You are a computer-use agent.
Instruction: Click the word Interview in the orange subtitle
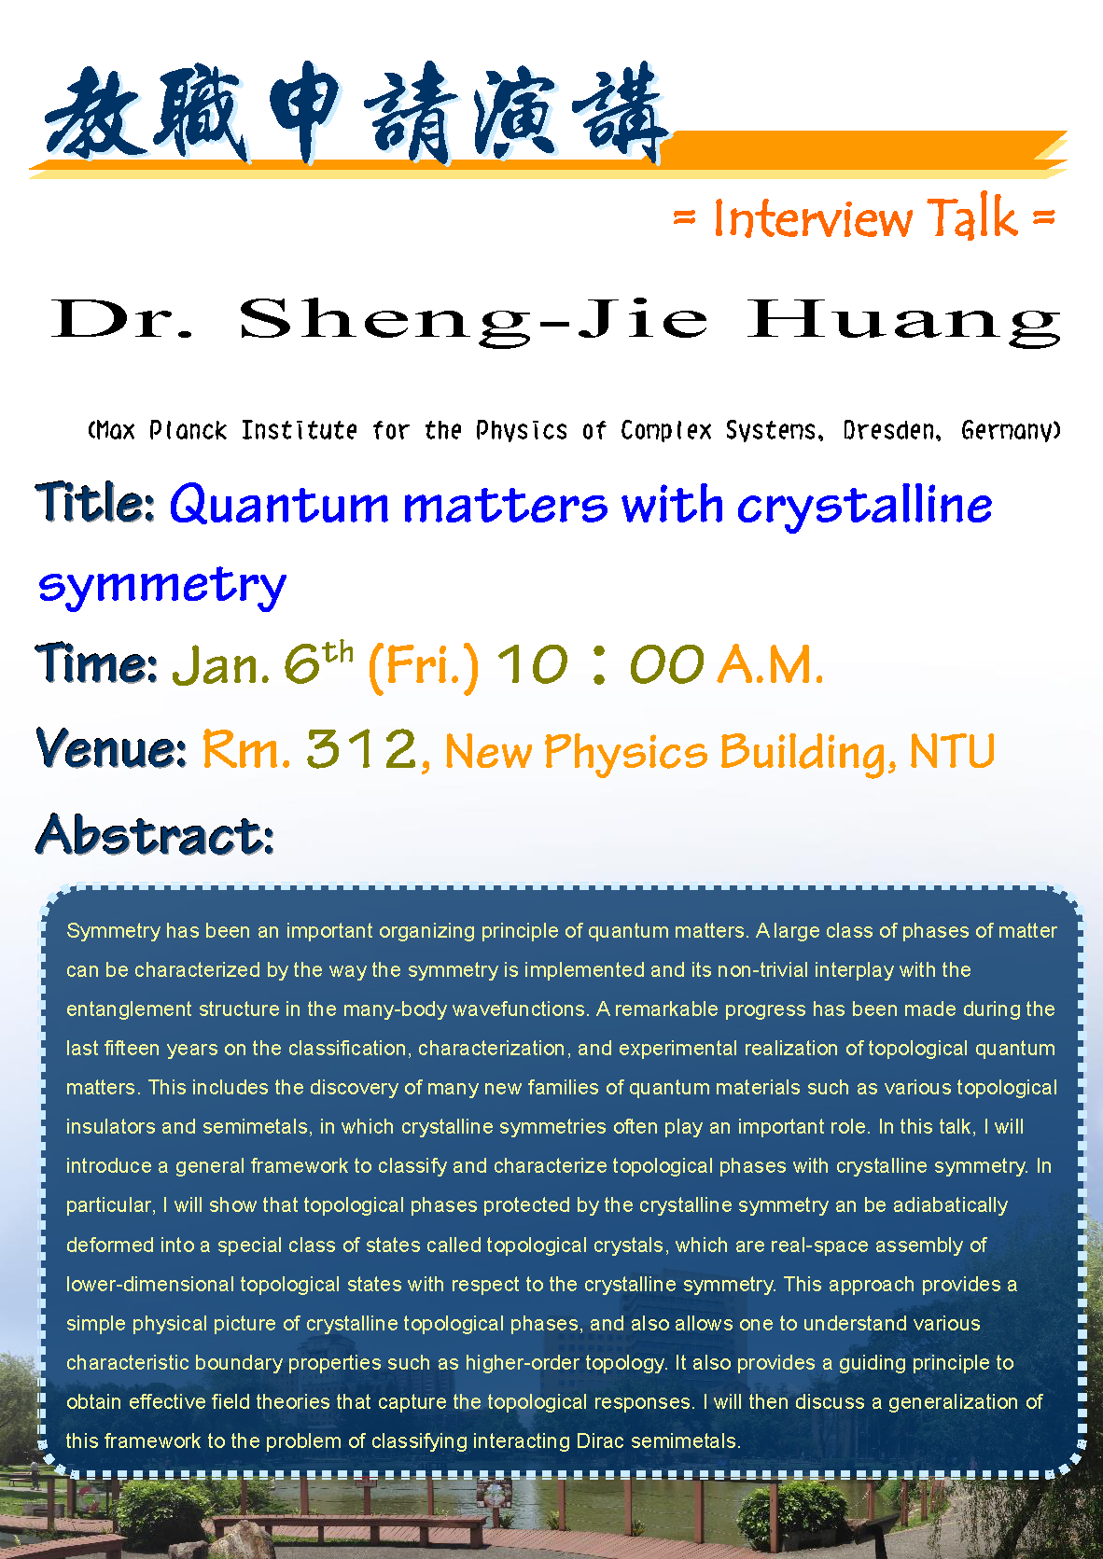[812, 218]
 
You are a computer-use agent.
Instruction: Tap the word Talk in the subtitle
[972, 217]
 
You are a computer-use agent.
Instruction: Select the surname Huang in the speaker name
[904, 322]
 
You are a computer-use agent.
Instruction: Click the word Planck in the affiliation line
[188, 430]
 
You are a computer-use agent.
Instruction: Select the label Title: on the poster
[94, 503]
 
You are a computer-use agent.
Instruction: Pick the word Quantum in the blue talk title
[279, 506]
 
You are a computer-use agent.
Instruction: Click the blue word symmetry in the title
[162, 586]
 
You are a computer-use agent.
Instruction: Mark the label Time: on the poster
[96, 662]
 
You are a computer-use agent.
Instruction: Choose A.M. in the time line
[771, 664]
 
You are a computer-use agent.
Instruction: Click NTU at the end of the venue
[952, 752]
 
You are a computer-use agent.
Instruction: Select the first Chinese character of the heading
[96, 115]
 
